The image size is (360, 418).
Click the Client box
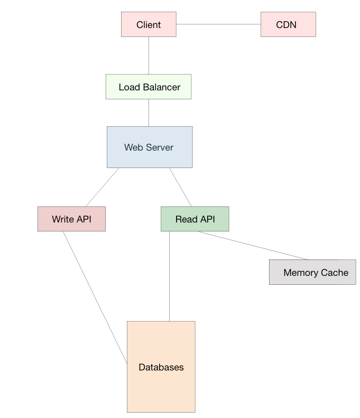(149, 25)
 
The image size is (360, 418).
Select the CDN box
(288, 25)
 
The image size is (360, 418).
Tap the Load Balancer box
(149, 87)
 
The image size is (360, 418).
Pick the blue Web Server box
(150, 147)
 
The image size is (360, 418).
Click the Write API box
(71, 219)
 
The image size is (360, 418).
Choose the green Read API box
(195, 219)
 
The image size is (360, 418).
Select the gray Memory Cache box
(312, 272)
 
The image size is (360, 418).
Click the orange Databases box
(161, 367)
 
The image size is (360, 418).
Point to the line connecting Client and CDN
(218, 24)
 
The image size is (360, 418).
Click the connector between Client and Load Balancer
(149, 55)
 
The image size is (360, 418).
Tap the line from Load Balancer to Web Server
(149, 113)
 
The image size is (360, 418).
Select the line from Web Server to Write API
(102, 187)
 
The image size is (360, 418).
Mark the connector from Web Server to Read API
(181, 187)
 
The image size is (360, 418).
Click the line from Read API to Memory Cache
(253, 246)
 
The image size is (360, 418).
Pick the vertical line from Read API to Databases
(169, 276)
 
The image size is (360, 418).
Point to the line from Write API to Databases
(95, 296)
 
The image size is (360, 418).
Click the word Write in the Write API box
(63, 219)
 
